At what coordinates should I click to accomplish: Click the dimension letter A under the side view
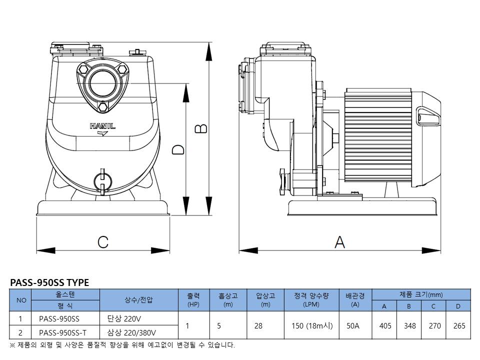tap(339, 242)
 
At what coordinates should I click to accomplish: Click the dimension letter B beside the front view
tap(200, 128)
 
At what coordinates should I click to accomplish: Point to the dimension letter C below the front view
tap(103, 242)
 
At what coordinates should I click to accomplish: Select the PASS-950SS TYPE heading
tap(49, 282)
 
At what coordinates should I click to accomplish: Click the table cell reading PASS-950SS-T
tap(62, 332)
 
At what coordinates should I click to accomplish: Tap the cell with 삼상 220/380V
tap(131, 332)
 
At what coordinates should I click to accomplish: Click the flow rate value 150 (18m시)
tap(311, 325)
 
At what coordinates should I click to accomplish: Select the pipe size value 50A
tap(353, 325)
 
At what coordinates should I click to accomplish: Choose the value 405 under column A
tap(385, 325)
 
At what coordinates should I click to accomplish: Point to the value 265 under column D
tap(459, 325)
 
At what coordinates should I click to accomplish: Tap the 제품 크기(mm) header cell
tap(421, 294)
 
